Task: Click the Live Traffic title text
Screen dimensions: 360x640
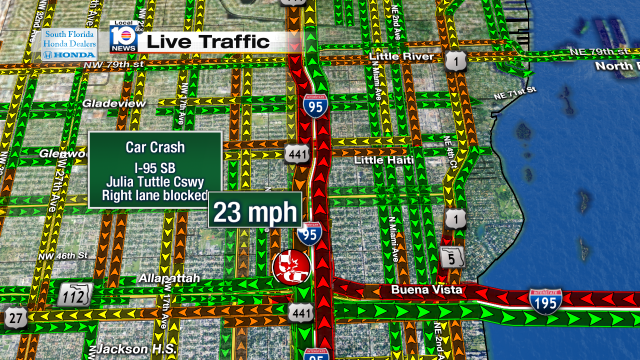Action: click(208, 41)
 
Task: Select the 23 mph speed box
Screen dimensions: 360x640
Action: click(255, 212)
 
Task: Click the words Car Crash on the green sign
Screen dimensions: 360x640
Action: click(155, 146)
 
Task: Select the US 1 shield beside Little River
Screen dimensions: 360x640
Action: click(457, 62)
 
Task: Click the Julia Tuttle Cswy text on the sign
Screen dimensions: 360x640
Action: click(156, 181)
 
